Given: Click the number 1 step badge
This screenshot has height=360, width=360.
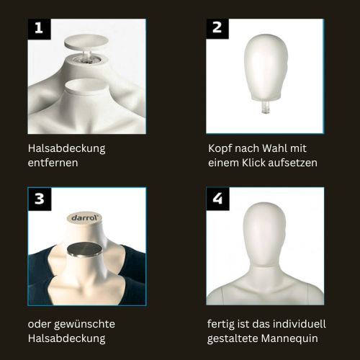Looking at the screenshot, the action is tap(40, 29).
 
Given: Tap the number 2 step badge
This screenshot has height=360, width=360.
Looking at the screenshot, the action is tap(217, 29).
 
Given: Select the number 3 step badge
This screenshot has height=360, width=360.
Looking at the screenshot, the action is tap(40, 199).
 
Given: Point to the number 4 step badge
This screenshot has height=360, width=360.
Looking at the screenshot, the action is tap(217, 199).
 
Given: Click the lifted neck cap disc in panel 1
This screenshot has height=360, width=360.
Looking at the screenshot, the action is tap(86, 42).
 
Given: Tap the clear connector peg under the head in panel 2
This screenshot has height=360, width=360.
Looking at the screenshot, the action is tap(265, 107).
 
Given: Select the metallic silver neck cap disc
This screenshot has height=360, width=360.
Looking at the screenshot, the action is tap(84, 250).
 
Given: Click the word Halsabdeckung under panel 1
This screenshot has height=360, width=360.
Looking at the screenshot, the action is tap(66, 149).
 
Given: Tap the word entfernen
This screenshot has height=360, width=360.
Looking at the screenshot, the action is tap(53, 163).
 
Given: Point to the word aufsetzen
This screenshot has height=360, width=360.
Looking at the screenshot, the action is tap(292, 163).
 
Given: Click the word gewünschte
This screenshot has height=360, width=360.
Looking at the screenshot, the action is tap(84, 325).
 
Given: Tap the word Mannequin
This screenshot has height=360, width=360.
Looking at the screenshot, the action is tap(289, 338).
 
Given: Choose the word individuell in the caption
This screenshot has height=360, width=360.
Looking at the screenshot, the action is tap(300, 324).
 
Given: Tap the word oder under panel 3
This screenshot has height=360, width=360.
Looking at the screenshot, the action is tap(40, 324).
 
